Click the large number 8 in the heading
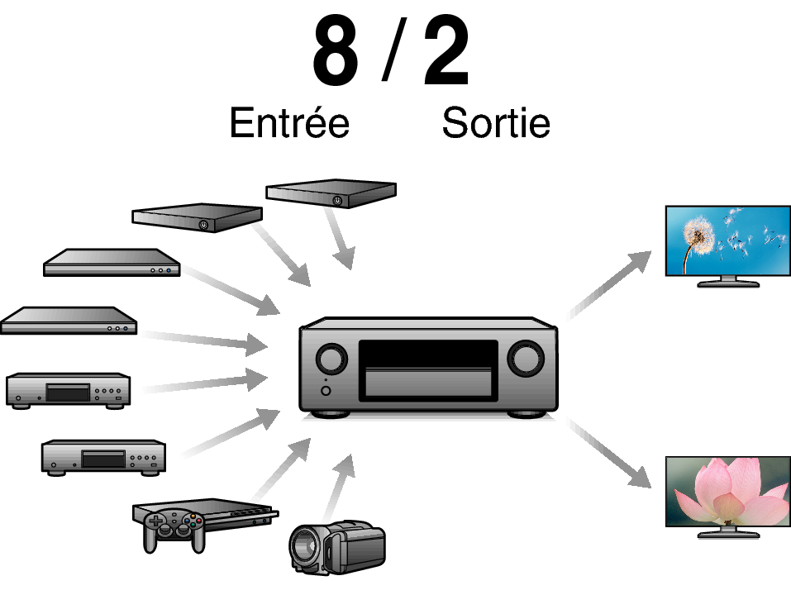(336, 51)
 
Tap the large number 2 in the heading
(446, 51)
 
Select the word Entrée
(289, 122)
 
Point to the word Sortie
(496, 122)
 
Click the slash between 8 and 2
(393, 50)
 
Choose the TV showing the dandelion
(728, 246)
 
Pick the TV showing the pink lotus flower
(728, 497)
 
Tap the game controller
(174, 530)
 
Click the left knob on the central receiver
(331, 359)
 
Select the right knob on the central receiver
(525, 359)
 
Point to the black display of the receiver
(428, 355)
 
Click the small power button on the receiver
(326, 391)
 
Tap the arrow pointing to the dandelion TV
(609, 285)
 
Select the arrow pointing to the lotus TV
(609, 453)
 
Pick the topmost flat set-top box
(331, 193)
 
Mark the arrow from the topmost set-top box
(340, 239)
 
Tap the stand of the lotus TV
(728, 533)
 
